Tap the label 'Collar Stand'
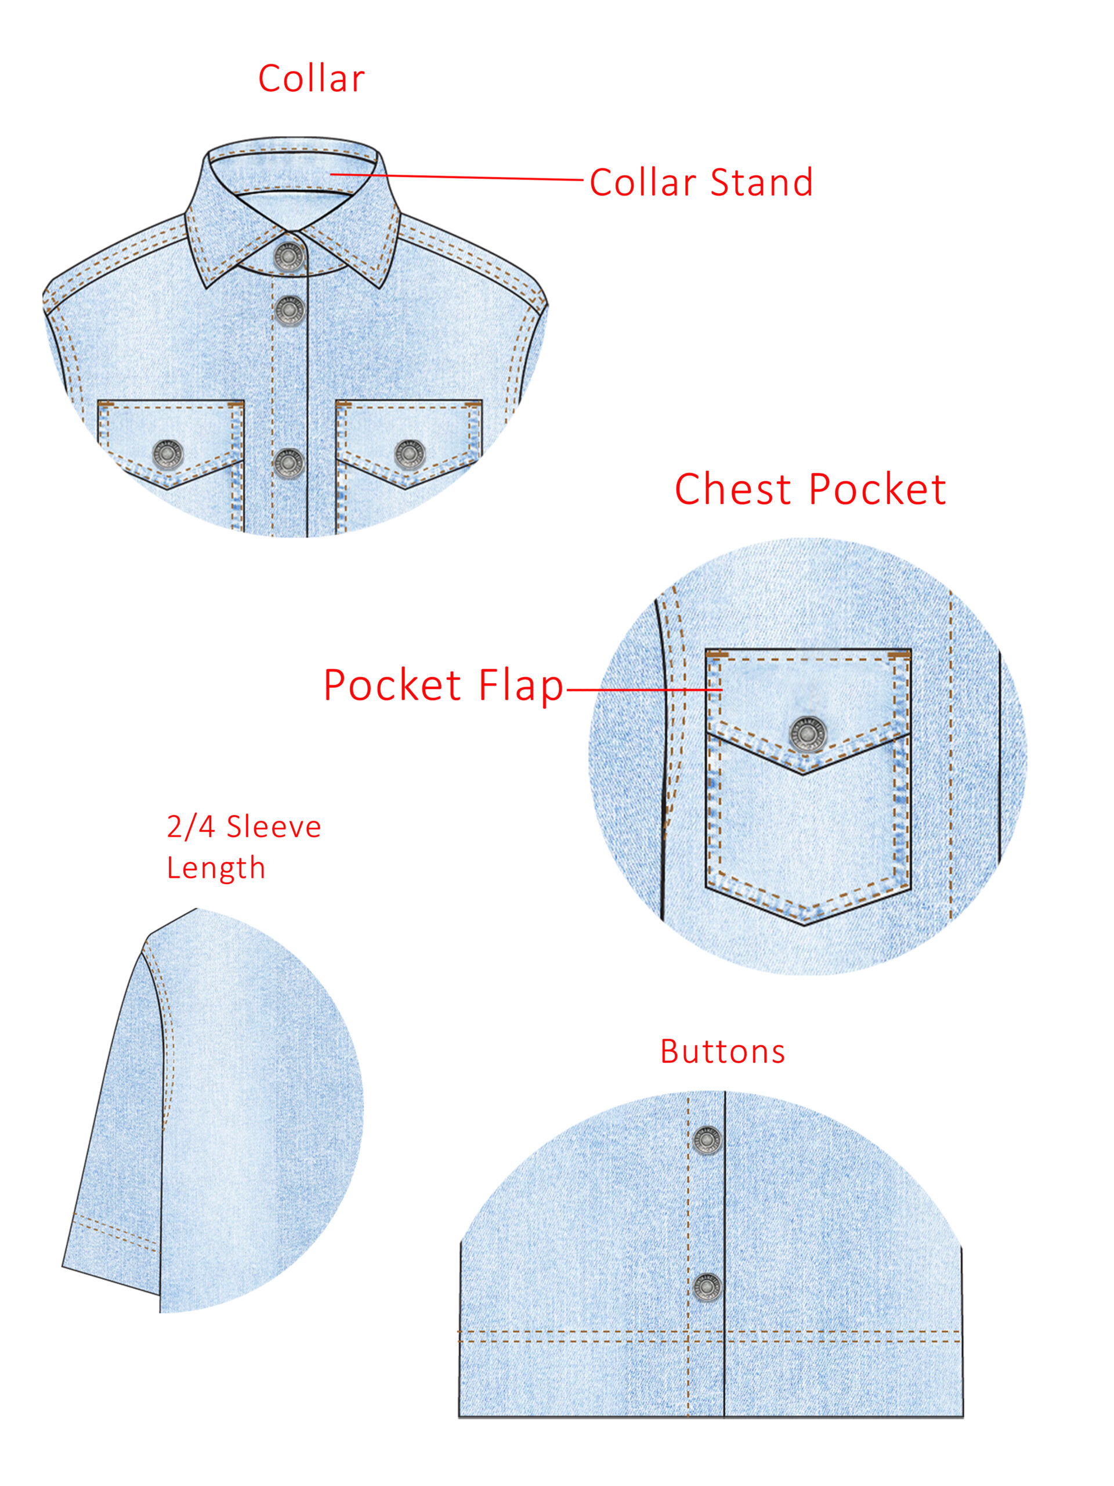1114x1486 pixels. coord(701,182)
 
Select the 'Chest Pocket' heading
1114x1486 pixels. coord(810,489)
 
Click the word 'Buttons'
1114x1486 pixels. coord(722,1051)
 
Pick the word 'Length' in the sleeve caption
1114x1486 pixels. coord(216,868)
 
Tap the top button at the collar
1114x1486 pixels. coord(289,257)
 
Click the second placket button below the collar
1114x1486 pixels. coord(289,310)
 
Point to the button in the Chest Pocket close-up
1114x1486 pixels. coord(807,734)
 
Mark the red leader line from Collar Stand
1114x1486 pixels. coord(457,178)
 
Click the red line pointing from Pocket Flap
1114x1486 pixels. coord(645,689)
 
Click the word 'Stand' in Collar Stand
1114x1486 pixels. coord(761,182)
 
